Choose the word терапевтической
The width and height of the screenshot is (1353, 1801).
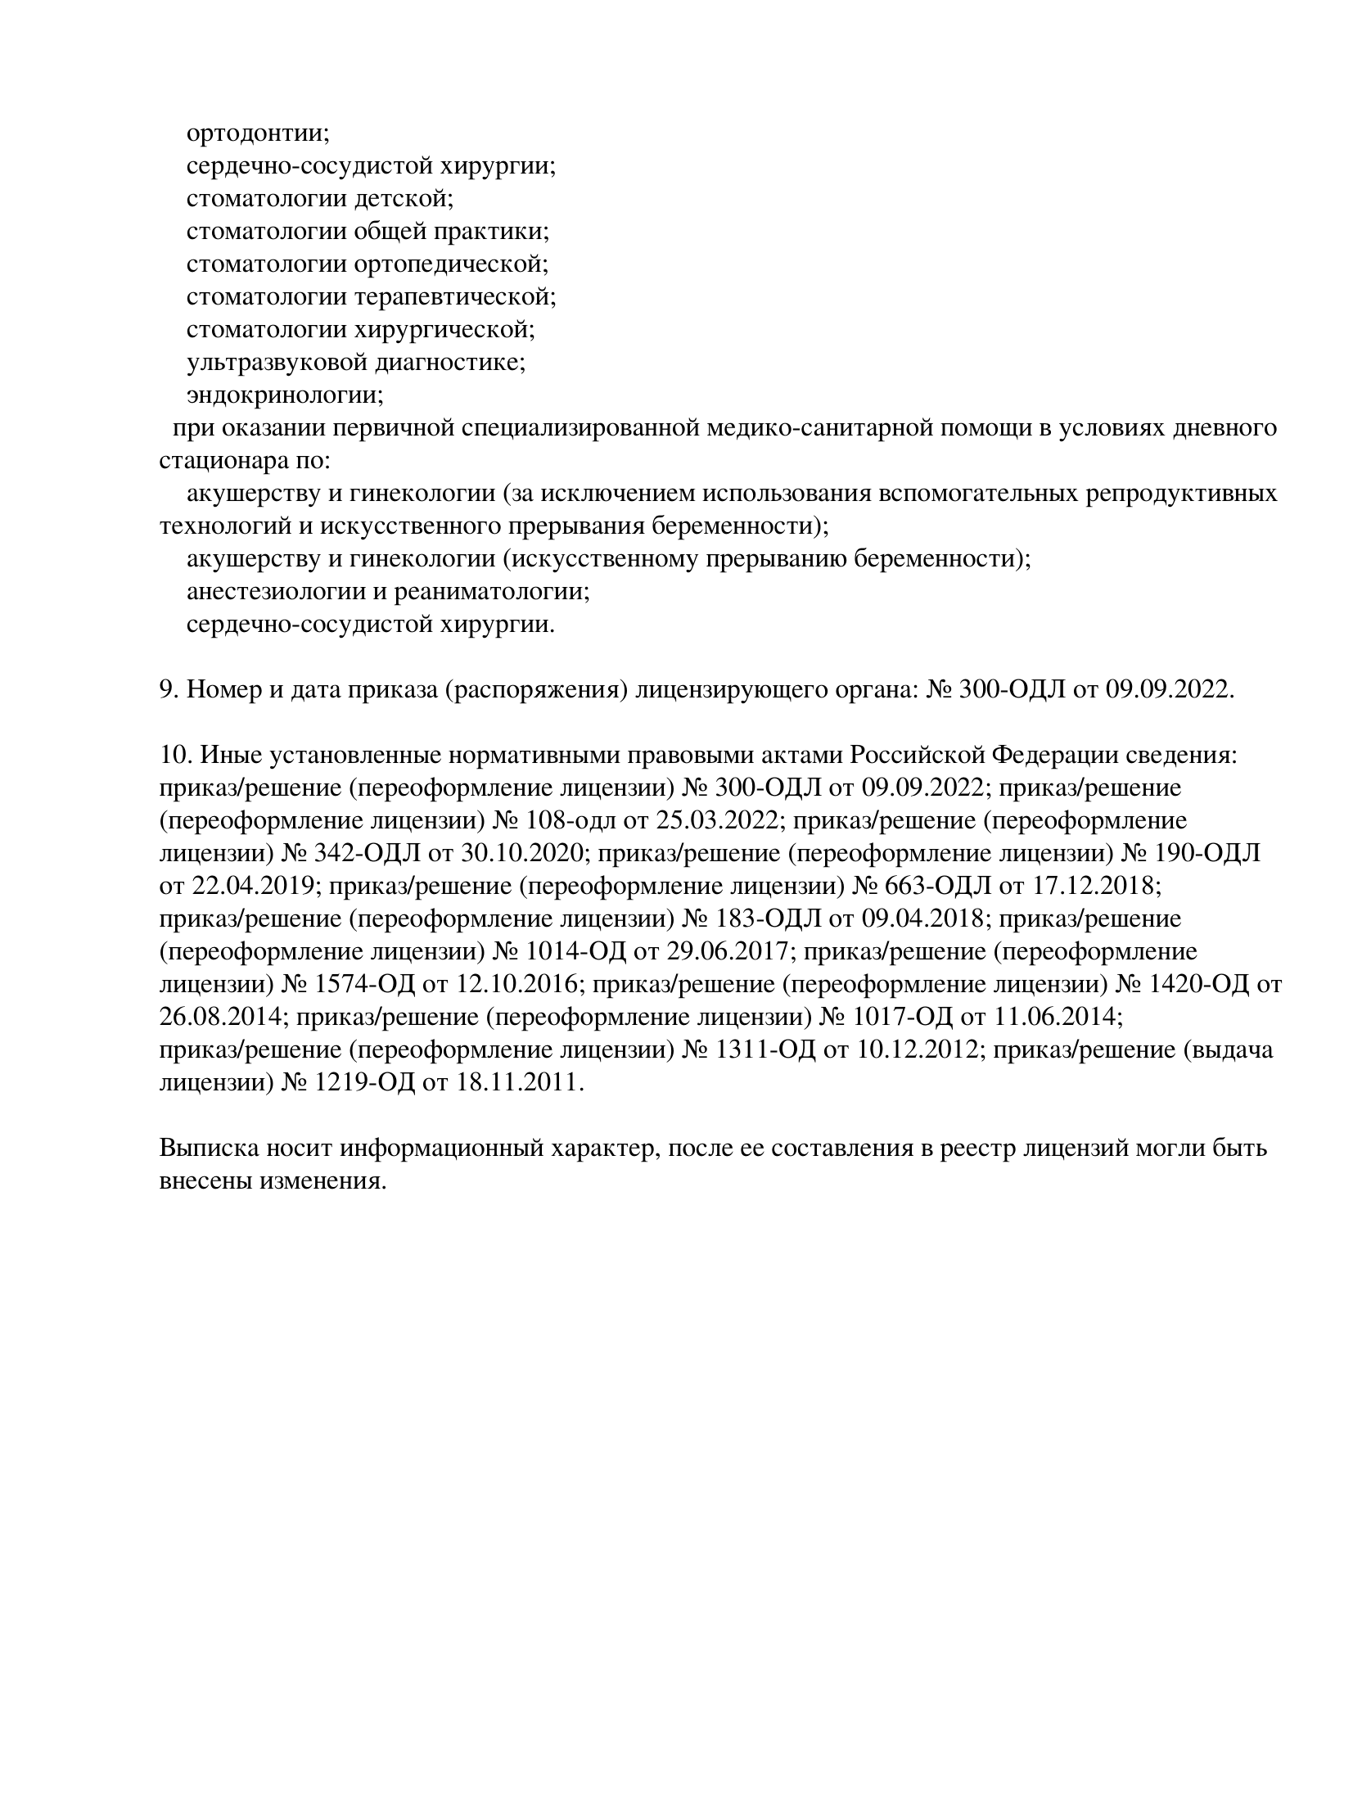pos(454,296)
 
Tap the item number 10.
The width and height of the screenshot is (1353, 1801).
pos(174,755)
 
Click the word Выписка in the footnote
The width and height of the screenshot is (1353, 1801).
pos(207,1148)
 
